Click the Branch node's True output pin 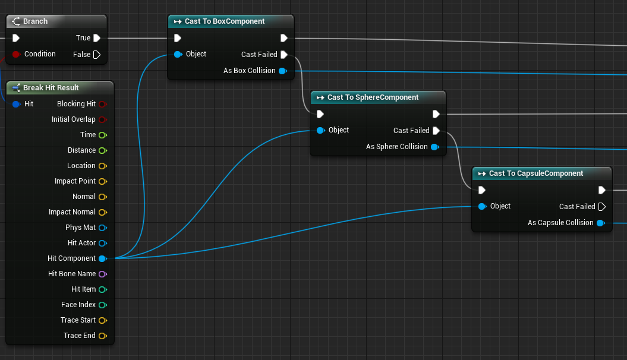[97, 38]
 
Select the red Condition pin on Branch [16, 54]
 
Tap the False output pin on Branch [97, 55]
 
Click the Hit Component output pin [103, 258]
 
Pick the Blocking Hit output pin [103, 105]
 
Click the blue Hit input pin [17, 105]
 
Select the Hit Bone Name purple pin [103, 274]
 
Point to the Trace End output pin [103, 336]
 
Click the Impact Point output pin [103, 181]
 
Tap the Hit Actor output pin [103, 244]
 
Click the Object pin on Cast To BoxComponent [178, 54]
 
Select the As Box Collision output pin [283, 71]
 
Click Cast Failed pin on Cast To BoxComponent [284, 55]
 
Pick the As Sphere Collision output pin [435, 147]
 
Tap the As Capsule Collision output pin [601, 223]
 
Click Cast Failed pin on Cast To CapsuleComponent [602, 207]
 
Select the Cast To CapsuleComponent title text [536, 173]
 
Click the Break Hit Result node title [51, 88]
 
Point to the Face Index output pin [103, 305]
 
